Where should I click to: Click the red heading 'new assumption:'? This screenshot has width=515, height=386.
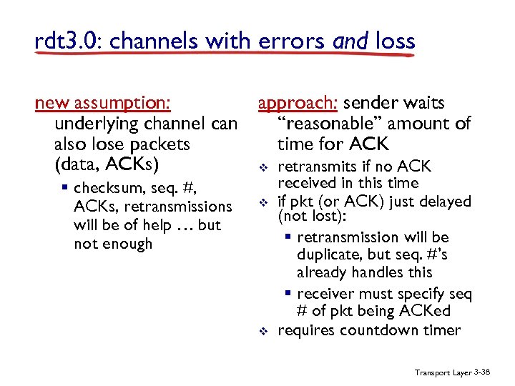(x=102, y=104)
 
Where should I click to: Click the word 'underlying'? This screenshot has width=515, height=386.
(x=94, y=124)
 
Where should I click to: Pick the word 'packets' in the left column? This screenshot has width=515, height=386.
(x=162, y=144)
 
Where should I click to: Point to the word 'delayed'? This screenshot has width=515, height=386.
(x=443, y=202)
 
